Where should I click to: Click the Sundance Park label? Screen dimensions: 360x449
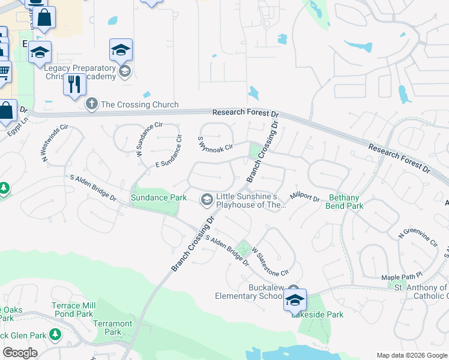[159, 197]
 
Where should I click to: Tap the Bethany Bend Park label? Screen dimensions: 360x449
[345, 202]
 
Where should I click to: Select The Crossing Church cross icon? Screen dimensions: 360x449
[92, 104]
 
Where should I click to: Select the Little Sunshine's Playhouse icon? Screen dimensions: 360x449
[207, 199]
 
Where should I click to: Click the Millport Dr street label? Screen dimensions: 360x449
[305, 197]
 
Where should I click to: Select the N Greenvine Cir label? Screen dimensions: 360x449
[418, 238]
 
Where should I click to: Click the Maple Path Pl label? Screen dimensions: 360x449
[402, 277]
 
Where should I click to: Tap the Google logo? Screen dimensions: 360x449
[20, 353]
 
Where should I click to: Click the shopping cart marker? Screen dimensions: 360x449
[4, 72]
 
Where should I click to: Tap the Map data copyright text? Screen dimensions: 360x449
[412, 355]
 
